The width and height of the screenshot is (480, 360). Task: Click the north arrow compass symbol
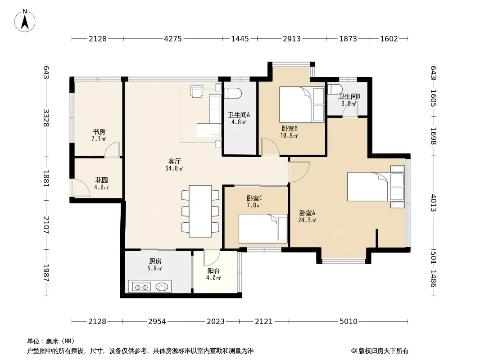25,21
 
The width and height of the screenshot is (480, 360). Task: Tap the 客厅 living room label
175,161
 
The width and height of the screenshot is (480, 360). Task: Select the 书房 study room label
99,132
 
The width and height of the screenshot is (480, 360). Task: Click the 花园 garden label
101,180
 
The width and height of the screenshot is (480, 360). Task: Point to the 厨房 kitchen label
155,261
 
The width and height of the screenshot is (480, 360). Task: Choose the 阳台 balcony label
213,271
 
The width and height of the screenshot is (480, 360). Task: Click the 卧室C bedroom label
254,198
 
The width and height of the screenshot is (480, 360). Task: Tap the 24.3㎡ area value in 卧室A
307,220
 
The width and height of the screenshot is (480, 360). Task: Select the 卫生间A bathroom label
239,115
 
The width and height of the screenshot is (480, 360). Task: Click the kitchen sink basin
162,287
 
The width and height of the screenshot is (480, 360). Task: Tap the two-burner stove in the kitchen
141,287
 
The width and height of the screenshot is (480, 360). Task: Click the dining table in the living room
200,211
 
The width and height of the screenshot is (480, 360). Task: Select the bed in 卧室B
302,104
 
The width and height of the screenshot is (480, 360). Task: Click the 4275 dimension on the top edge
173,39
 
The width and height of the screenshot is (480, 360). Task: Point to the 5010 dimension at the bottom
349,321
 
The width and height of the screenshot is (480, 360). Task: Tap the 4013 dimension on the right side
434,203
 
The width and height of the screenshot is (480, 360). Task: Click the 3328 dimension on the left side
46,118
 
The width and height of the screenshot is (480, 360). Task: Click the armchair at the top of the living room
196,91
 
